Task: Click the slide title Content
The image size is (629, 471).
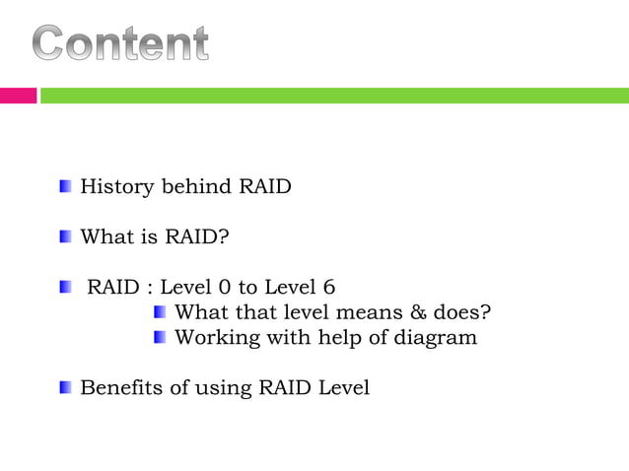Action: click(121, 45)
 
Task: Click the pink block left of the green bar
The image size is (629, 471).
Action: click(18, 96)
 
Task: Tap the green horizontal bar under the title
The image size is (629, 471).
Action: click(334, 96)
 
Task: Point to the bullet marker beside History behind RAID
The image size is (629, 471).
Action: click(65, 186)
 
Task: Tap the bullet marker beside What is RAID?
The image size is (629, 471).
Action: click(65, 237)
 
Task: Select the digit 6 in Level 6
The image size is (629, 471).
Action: click(328, 288)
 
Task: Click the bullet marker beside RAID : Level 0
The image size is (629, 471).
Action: click(65, 288)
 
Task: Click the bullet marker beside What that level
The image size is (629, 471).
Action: click(161, 313)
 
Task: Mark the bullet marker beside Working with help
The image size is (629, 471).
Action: click(161, 338)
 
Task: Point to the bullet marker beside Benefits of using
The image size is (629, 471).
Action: click(65, 388)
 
